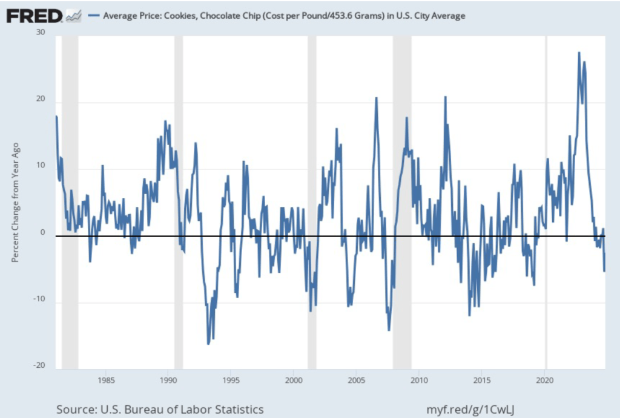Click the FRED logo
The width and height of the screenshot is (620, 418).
pyautogui.click(x=35, y=15)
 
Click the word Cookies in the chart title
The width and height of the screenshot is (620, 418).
pyautogui.click(x=171, y=16)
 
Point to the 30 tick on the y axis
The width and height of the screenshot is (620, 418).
pyautogui.click(x=41, y=33)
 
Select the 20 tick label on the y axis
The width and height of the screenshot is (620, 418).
pyautogui.click(x=41, y=100)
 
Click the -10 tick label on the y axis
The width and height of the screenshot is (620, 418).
pyautogui.click(x=39, y=299)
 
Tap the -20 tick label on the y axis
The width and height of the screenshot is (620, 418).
pyautogui.click(x=39, y=365)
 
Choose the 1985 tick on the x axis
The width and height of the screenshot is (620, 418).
pyautogui.click(x=106, y=380)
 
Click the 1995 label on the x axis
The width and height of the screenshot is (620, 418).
pyautogui.click(x=231, y=380)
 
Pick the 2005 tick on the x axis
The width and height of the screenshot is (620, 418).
pyautogui.click(x=356, y=380)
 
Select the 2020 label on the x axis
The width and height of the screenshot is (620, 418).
pyautogui.click(x=546, y=380)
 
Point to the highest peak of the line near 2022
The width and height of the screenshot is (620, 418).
pyautogui.click(x=579, y=53)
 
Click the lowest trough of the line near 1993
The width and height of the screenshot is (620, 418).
pyautogui.click(x=208, y=344)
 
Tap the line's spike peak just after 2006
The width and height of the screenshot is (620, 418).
pyautogui.click(x=376, y=98)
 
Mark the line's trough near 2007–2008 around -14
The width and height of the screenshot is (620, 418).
pyautogui.click(x=389, y=330)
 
